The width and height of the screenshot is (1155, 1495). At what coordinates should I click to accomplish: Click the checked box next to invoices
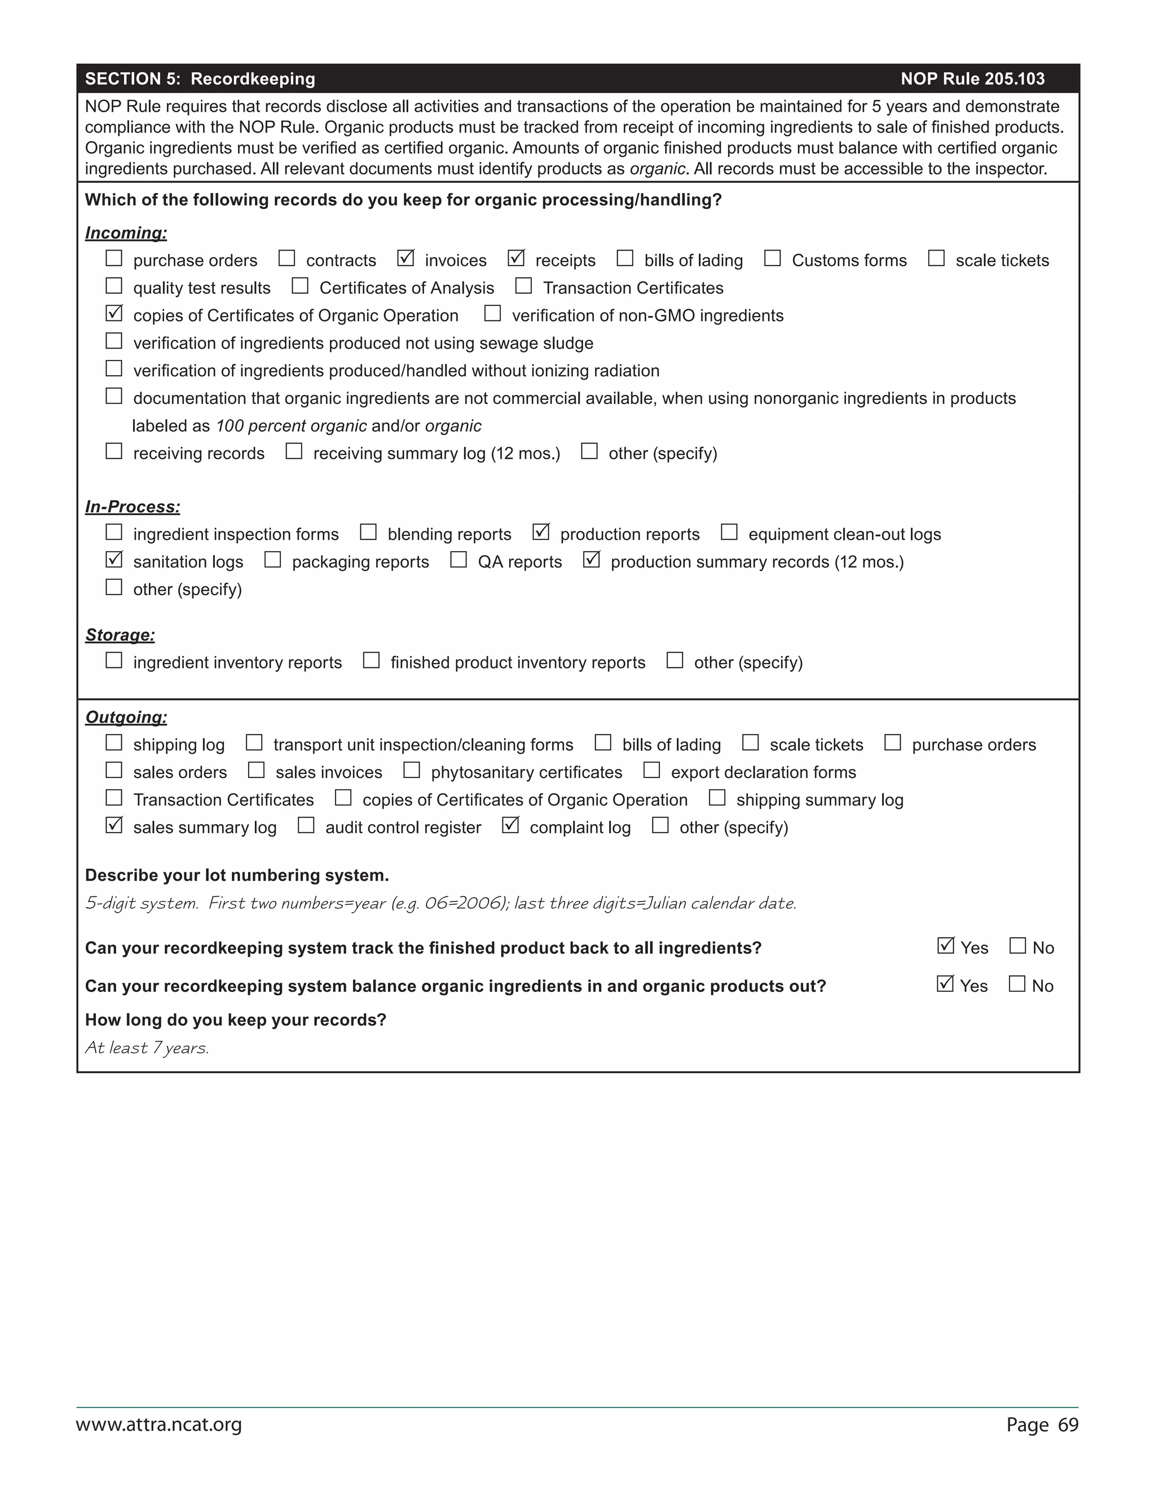pos(405,259)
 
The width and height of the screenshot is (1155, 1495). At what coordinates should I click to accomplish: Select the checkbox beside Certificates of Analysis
pos(299,285)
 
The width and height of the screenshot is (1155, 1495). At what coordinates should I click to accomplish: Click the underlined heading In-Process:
pos(133,507)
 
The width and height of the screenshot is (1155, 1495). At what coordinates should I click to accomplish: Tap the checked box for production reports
pos(540,532)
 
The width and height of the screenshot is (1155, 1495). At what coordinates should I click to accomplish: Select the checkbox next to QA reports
pos(459,560)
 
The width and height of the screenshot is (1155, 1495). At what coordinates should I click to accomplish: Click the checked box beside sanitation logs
pos(113,560)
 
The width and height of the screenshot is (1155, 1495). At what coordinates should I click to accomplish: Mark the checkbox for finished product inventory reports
pos(371,661)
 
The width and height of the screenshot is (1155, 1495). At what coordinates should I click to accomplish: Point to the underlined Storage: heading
pos(120,635)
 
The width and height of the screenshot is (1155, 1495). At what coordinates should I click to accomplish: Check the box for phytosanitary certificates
pos(411,770)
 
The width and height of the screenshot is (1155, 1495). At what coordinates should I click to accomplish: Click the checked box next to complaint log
pos(510,825)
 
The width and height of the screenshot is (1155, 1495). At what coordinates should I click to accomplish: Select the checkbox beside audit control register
pos(306,825)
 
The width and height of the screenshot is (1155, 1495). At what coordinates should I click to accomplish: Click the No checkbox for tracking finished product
pos(1017,946)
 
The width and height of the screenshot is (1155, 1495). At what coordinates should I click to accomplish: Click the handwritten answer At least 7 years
pos(147,1048)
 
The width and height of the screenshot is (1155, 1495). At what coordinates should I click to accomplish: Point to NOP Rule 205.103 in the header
pos(972,79)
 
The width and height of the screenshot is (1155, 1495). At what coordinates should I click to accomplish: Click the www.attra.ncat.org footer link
pos(158,1424)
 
